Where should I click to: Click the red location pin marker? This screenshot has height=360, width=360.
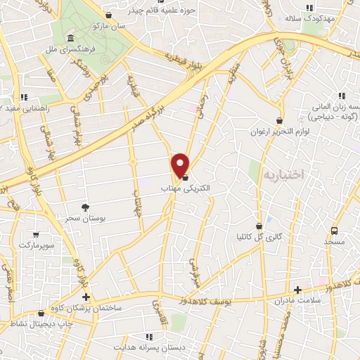point(181,165)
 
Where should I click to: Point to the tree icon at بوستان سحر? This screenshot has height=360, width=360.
point(85,207)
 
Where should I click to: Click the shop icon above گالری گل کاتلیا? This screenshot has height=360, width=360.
point(259,226)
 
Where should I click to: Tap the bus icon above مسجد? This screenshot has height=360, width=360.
point(334,230)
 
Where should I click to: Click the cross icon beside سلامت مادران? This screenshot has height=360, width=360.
point(297,290)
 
